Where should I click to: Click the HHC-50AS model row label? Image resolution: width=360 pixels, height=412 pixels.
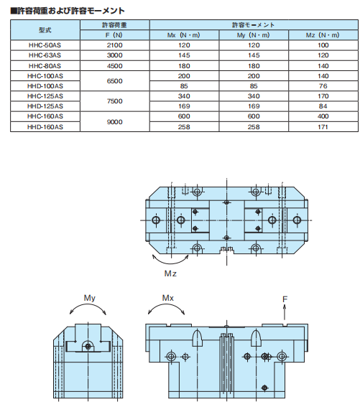(45, 45)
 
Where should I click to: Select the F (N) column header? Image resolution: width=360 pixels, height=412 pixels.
(114, 35)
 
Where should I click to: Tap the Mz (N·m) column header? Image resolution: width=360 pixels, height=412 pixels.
(323, 35)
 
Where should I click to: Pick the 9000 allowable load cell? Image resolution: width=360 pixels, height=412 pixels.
(115, 121)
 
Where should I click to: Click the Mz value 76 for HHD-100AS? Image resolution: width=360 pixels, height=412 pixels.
(323, 86)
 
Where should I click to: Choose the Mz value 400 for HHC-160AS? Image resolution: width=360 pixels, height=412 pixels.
(323, 116)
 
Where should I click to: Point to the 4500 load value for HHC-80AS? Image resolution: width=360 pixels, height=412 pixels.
(115, 66)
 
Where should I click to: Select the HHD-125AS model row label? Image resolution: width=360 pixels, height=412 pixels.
(45, 106)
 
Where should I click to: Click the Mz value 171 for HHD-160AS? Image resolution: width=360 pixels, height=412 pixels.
(323, 127)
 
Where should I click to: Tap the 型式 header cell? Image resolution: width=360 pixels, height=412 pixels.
(45, 30)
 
